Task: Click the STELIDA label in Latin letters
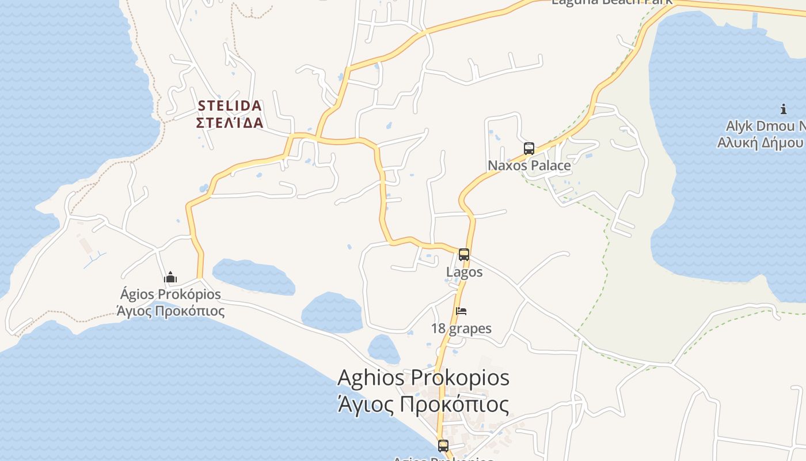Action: pos(230,106)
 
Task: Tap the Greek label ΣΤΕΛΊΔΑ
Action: pos(230,123)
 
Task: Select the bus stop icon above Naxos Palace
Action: pos(529,149)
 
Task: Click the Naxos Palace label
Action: pos(529,165)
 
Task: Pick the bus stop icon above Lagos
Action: pos(464,255)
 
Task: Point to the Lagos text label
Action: pos(465,271)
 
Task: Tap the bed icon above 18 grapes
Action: pos(461,311)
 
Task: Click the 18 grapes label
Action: pos(461,328)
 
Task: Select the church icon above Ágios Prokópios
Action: pos(170,278)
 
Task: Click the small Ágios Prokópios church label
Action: pos(170,294)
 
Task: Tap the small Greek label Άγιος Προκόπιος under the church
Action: pos(170,311)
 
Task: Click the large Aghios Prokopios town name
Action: pos(423,378)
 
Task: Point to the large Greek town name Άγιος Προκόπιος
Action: pos(423,404)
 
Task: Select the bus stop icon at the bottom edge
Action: pos(443,445)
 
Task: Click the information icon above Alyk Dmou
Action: pos(784,109)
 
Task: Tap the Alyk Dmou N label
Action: pos(765,126)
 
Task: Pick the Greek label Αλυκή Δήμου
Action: pos(761,142)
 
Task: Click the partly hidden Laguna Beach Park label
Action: pos(612,2)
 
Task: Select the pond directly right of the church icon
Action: pos(253,277)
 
